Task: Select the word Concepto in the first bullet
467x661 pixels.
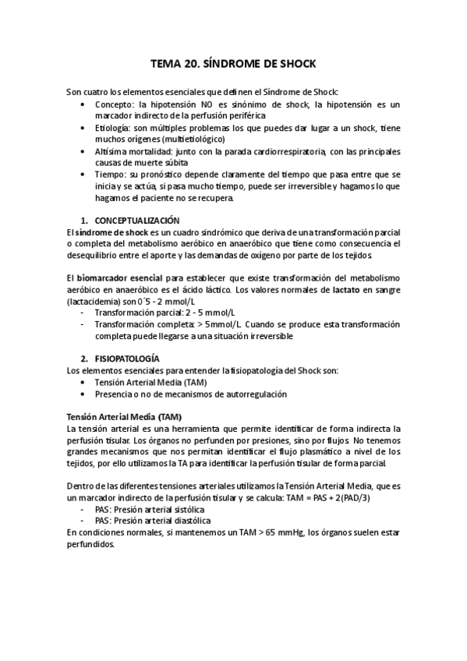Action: point(114,104)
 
